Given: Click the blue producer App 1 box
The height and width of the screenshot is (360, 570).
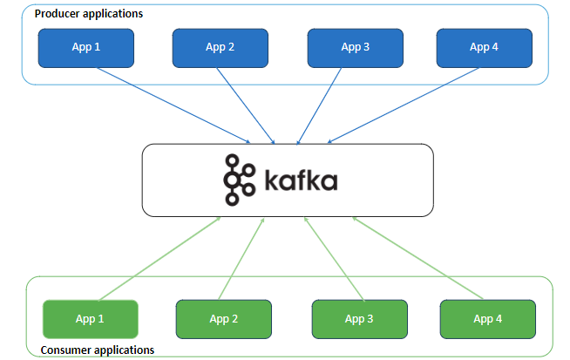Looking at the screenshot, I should coord(86,48).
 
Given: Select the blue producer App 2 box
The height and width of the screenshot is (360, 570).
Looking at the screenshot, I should coord(220,48).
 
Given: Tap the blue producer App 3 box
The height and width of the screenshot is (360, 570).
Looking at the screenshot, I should coord(355,48).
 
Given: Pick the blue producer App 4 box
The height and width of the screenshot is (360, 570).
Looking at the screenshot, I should coord(484,48).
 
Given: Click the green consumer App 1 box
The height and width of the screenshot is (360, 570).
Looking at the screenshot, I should coord(91,319).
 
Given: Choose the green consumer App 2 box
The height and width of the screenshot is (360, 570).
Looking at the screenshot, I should coord(224,319).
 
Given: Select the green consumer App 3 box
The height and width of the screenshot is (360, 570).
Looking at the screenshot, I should coord(358,319).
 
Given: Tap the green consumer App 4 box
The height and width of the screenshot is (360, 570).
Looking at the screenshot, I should coord(487,319).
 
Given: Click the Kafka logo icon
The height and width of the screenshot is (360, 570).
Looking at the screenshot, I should coord(238,180).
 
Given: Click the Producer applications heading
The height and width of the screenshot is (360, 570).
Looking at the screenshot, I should coord(88,14).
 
